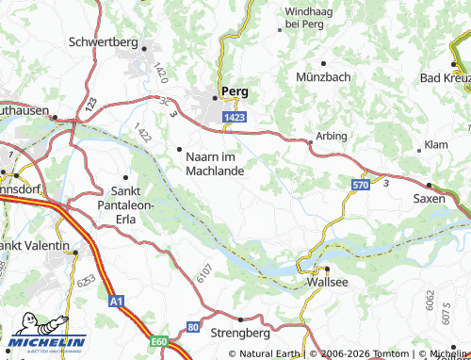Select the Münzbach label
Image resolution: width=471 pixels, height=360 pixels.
click(322, 75)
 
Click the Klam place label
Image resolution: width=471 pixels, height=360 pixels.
click(435, 146)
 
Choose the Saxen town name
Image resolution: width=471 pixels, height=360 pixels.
click(429, 200)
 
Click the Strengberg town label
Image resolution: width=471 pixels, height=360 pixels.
click(240, 334)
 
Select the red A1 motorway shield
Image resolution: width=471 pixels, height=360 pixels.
click(116, 302)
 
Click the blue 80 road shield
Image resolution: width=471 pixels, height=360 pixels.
click(194, 326)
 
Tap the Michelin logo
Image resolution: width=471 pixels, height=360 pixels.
click(46, 342)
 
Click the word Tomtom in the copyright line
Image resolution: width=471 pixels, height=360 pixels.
click(387, 353)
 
